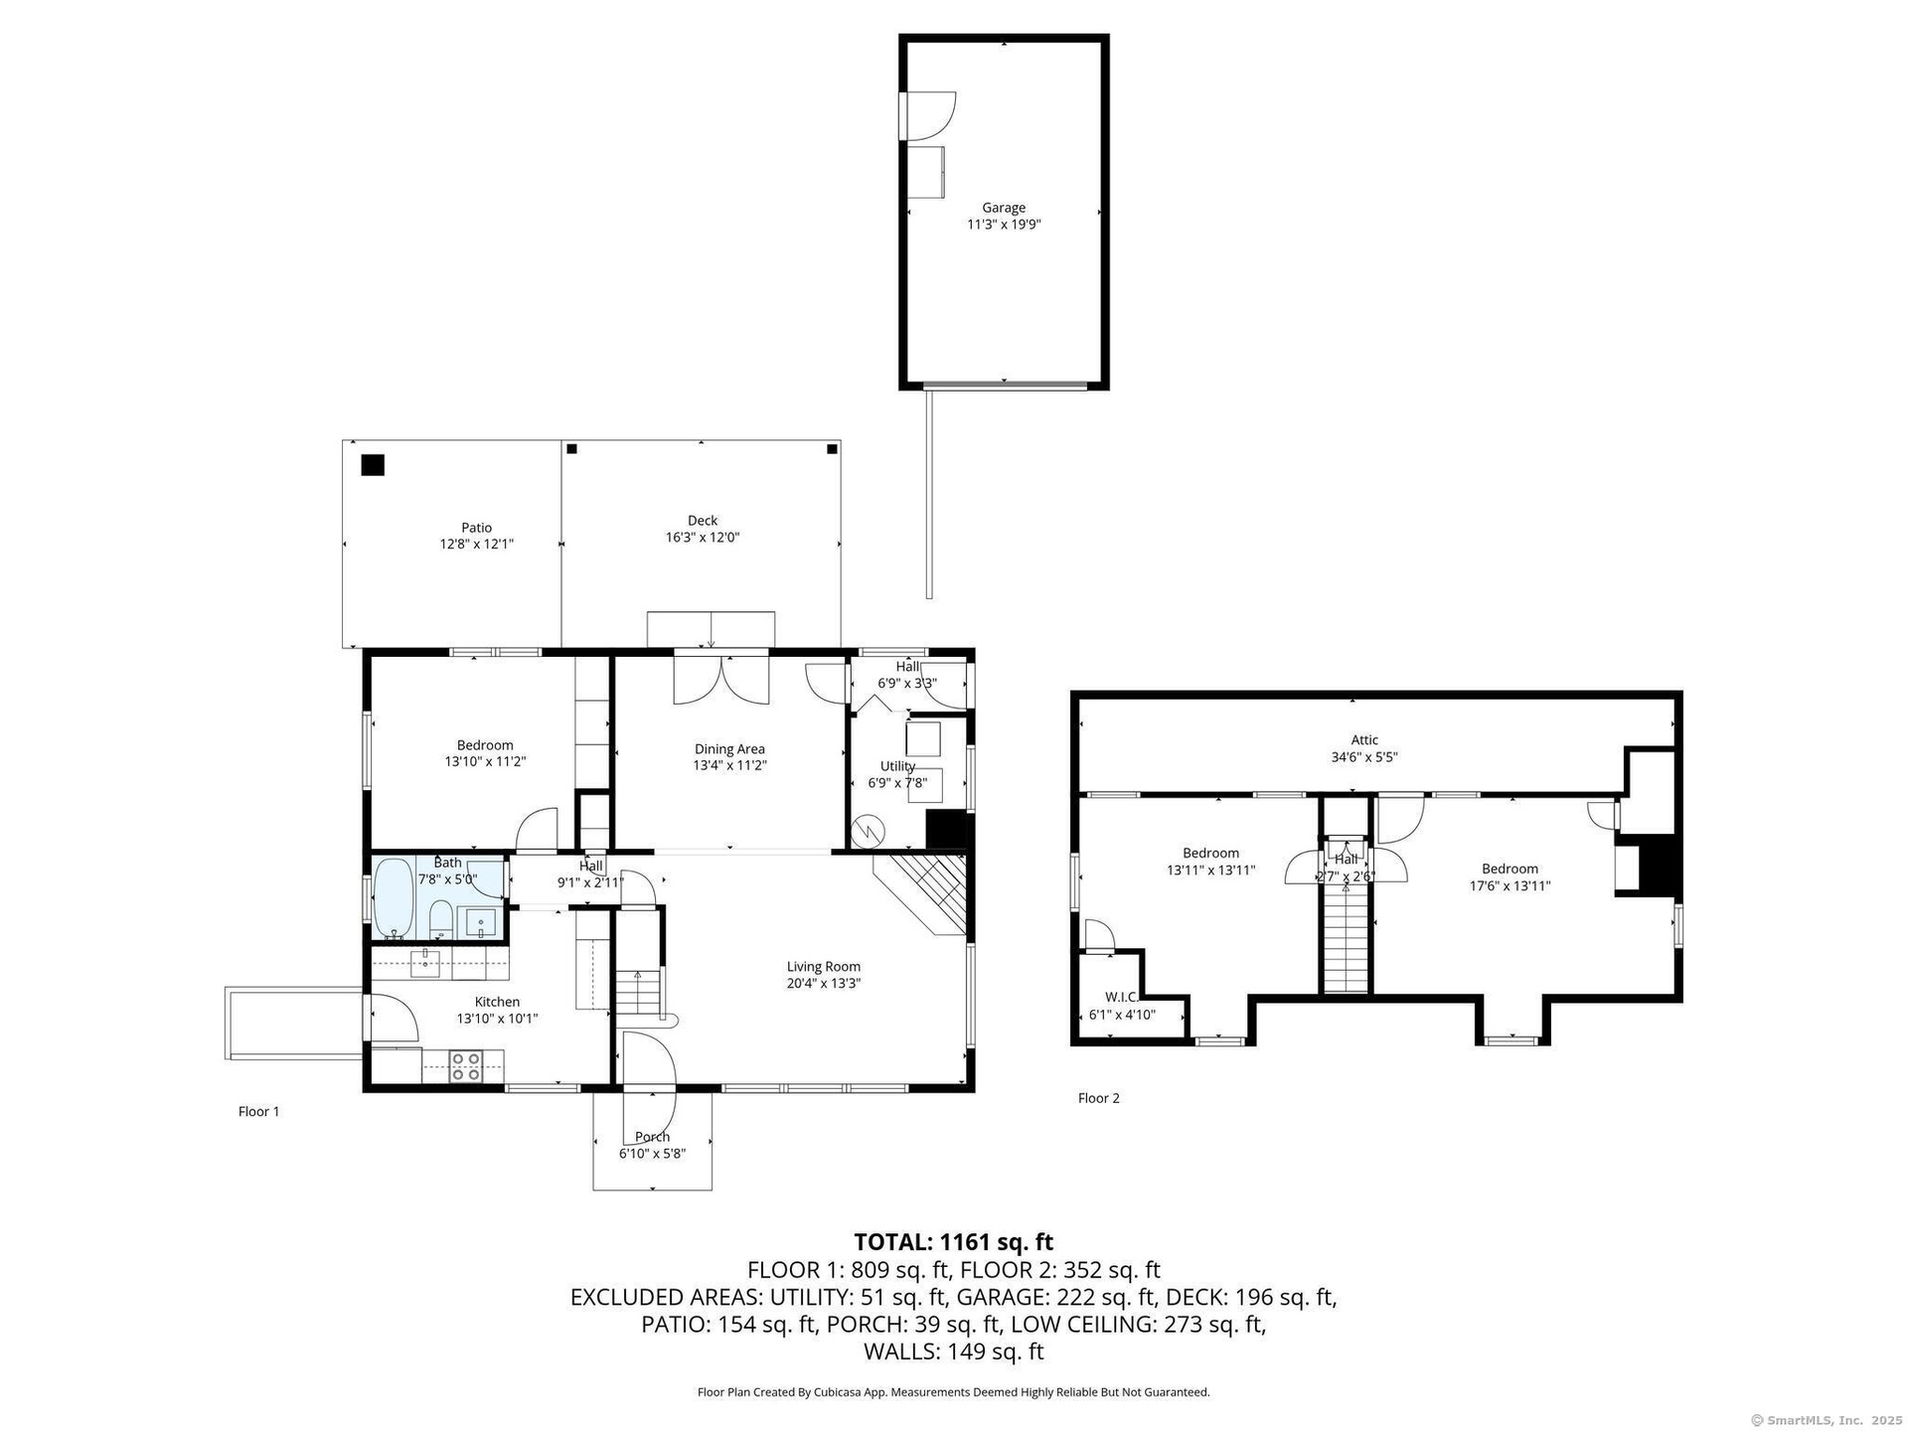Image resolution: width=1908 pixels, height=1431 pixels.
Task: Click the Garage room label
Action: tap(1004, 208)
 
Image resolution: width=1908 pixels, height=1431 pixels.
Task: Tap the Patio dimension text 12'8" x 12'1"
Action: tap(477, 545)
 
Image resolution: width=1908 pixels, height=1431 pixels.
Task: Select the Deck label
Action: tap(703, 521)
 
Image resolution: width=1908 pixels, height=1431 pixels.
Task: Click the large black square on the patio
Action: tap(373, 465)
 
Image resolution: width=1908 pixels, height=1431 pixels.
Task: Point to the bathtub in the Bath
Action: tap(395, 899)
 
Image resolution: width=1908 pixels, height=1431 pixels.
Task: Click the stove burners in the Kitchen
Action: tap(466, 1066)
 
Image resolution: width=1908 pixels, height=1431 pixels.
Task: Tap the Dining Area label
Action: tap(729, 749)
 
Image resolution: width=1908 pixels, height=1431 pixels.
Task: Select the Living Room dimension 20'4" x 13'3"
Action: tap(824, 984)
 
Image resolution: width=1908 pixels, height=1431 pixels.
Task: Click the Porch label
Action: tap(652, 1137)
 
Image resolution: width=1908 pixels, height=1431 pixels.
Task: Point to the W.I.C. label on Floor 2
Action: tap(1121, 997)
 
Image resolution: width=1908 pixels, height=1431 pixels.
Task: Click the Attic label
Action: tap(1364, 740)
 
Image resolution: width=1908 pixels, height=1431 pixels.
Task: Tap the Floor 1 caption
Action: tap(259, 1112)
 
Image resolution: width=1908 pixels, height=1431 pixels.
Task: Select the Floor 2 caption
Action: tap(1099, 1098)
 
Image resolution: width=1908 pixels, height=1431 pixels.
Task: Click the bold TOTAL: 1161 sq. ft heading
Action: tap(954, 1242)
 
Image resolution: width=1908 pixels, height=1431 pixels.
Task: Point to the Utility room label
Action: tap(897, 766)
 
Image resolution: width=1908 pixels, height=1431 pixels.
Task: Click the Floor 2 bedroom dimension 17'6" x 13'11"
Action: tap(1510, 885)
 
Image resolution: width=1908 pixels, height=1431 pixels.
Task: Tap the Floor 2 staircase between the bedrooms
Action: tap(1347, 939)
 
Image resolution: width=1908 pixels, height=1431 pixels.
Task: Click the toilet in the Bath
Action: tap(441, 920)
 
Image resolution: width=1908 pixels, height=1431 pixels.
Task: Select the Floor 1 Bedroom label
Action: tap(485, 745)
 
